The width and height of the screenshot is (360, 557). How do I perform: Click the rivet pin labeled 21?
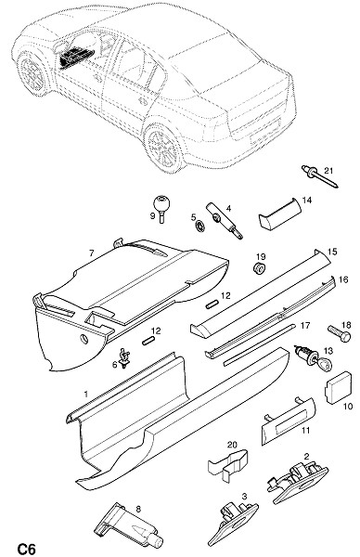click(x=319, y=176)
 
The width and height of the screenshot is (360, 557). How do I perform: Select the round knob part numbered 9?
click(x=161, y=208)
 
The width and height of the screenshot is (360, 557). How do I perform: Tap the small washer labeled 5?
click(x=200, y=226)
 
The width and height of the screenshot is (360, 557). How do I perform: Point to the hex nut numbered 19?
click(x=260, y=268)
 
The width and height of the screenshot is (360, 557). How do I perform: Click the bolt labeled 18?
click(x=340, y=333)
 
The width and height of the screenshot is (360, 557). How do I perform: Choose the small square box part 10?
click(x=338, y=387)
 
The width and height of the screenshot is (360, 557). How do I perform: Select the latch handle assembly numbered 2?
click(x=297, y=483)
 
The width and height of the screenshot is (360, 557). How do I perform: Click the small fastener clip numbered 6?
click(x=124, y=358)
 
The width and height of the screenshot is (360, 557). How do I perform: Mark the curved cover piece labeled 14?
click(x=280, y=214)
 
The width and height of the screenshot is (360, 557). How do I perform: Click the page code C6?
click(x=27, y=549)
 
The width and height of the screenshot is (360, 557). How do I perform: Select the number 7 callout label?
click(x=92, y=253)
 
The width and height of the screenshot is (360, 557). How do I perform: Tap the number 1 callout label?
click(x=85, y=394)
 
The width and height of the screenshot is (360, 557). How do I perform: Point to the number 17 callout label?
click(x=305, y=326)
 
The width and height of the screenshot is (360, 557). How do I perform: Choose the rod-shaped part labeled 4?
click(x=224, y=221)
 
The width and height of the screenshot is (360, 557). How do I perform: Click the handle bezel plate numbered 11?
click(x=289, y=421)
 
